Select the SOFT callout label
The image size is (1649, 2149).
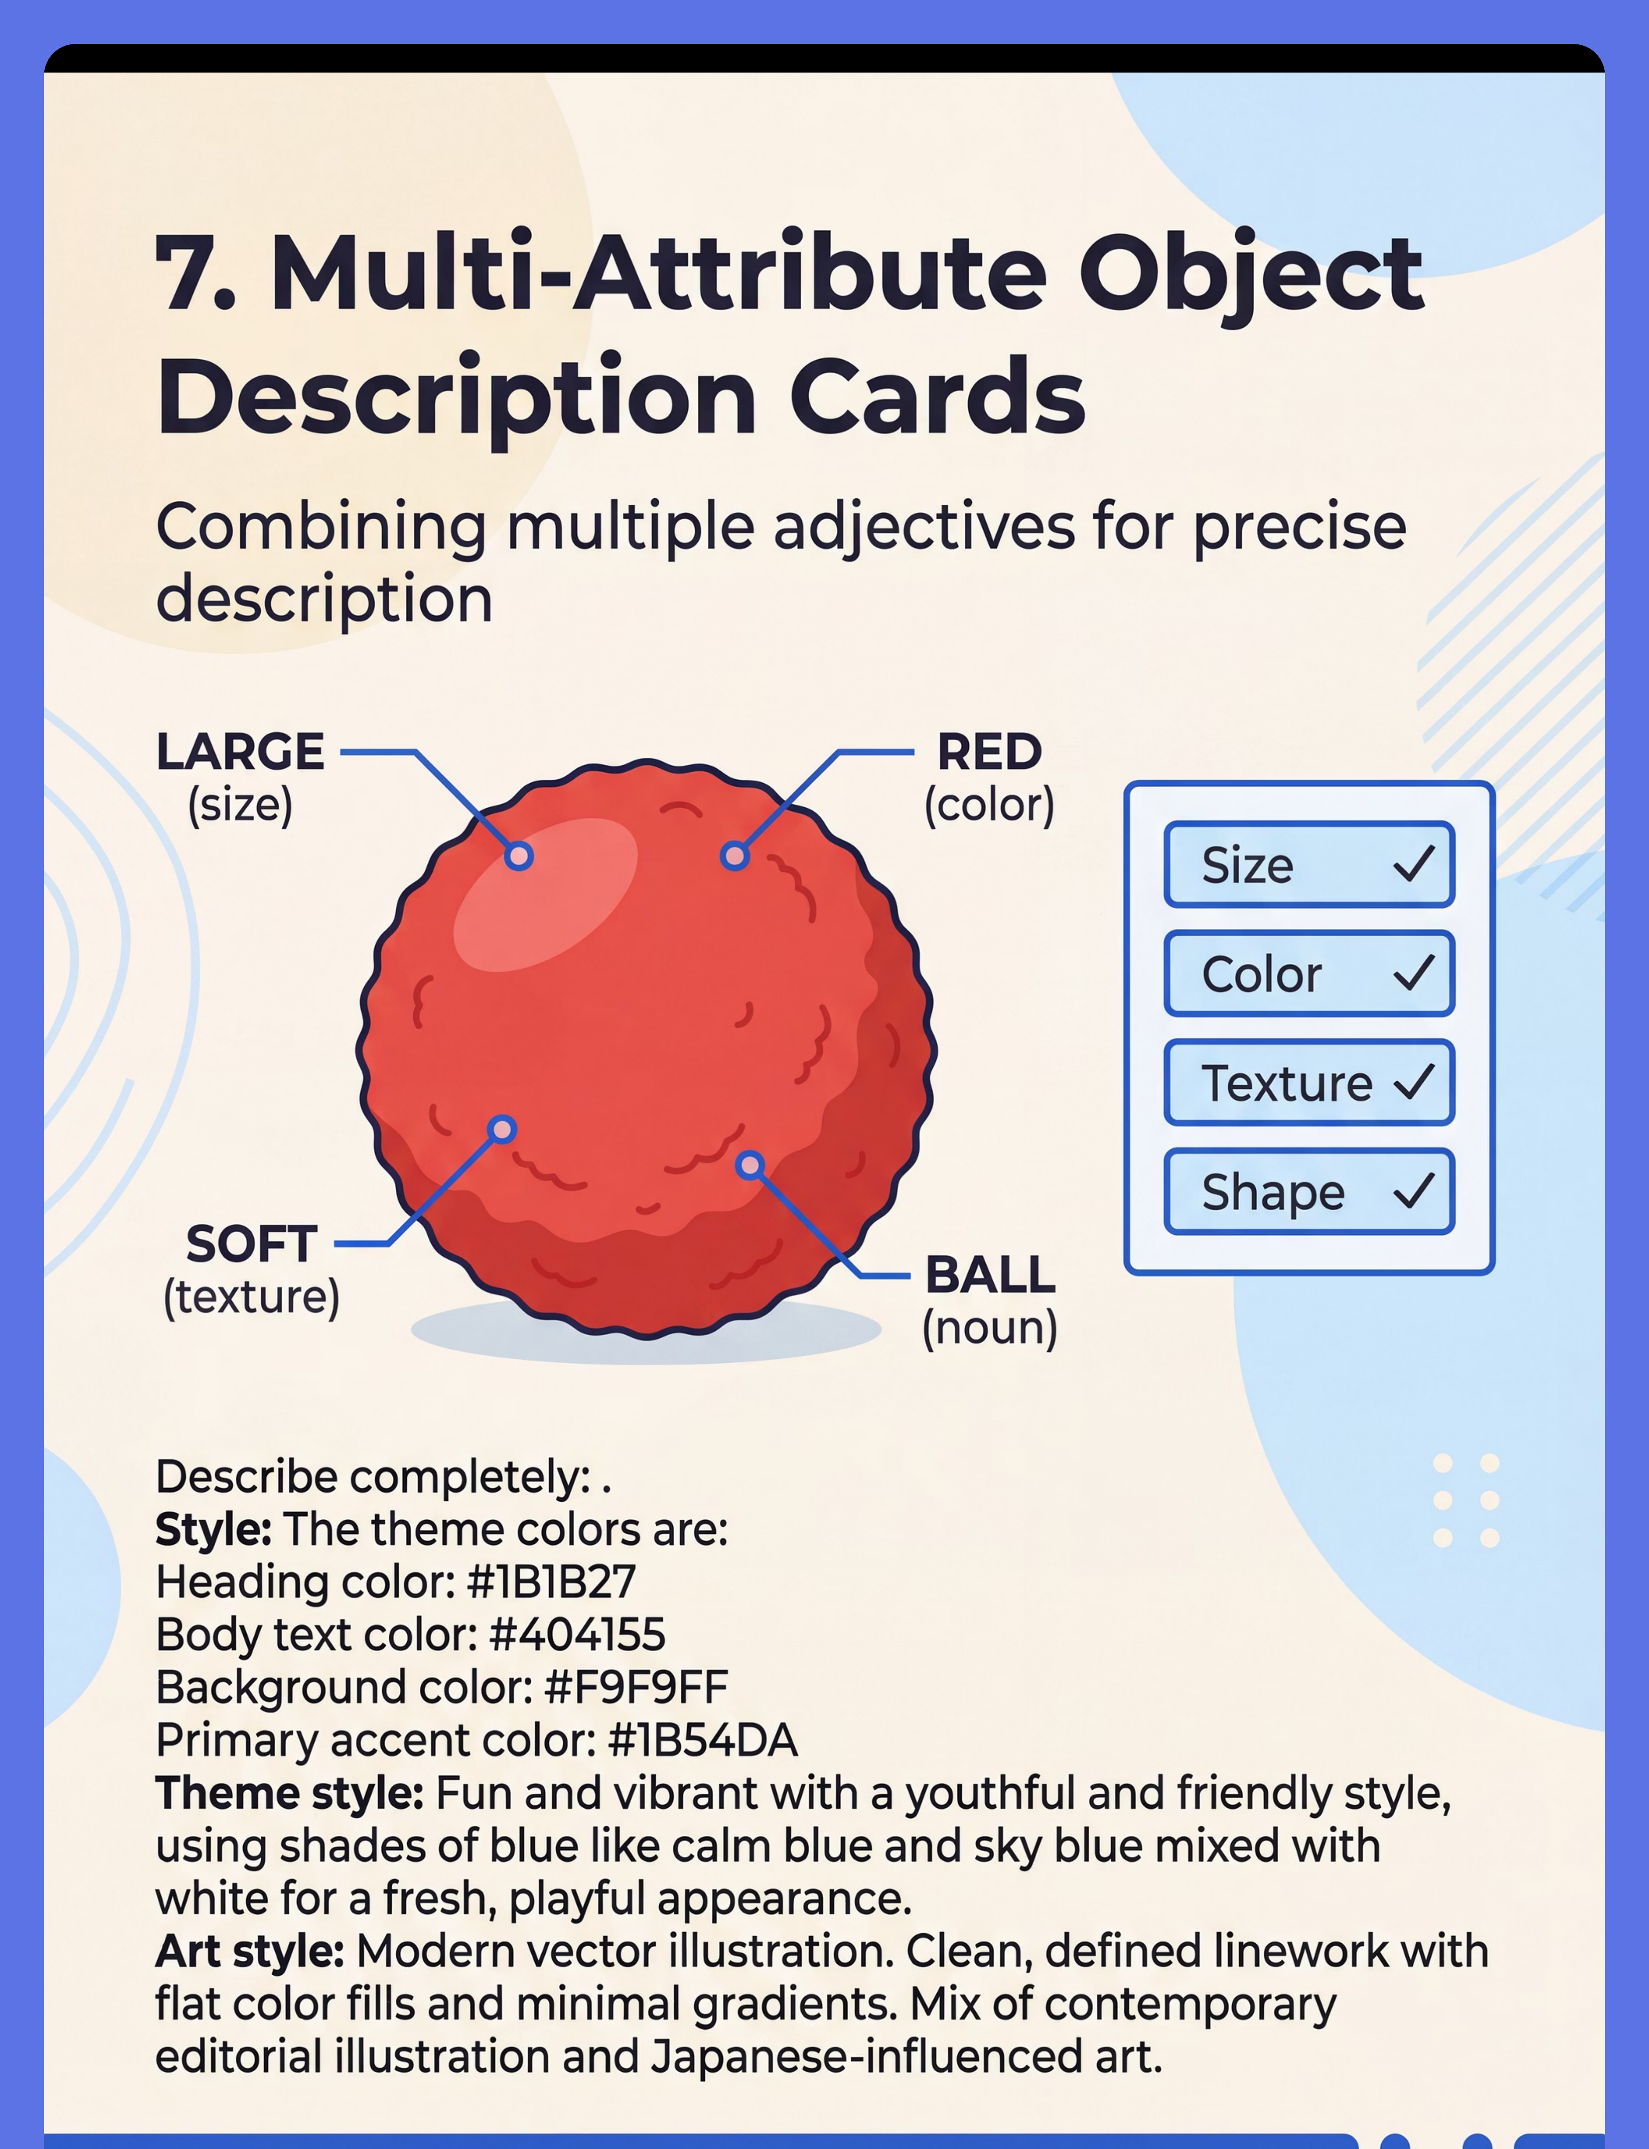click(x=251, y=1244)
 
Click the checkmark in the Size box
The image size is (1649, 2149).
click(x=1415, y=864)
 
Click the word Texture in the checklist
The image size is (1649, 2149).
click(x=1287, y=1084)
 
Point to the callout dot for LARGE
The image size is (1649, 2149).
click(x=519, y=856)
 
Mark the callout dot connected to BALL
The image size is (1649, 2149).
click(x=750, y=1165)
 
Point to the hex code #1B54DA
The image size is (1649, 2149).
click(x=703, y=1740)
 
